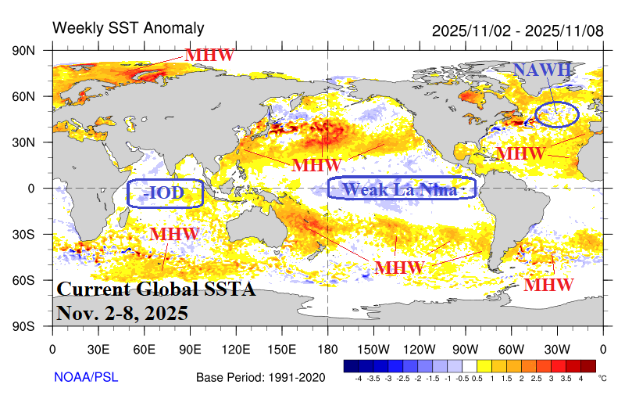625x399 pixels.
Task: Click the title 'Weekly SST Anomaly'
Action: (x=128, y=29)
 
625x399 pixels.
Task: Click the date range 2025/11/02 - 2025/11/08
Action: (x=517, y=31)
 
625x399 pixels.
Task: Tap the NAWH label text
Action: (x=542, y=70)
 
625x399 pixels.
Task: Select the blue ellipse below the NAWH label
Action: (x=556, y=114)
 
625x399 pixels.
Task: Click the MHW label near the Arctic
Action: (x=209, y=56)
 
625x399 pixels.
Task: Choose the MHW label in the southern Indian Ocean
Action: (x=175, y=234)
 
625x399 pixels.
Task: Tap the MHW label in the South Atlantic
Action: (x=548, y=285)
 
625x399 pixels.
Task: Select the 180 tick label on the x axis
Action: (x=327, y=350)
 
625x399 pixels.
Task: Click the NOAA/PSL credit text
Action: (x=86, y=377)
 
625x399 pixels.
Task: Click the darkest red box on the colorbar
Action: (x=587, y=365)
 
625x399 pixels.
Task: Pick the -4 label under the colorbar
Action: (x=359, y=379)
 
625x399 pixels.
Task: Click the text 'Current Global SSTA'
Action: (x=156, y=289)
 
